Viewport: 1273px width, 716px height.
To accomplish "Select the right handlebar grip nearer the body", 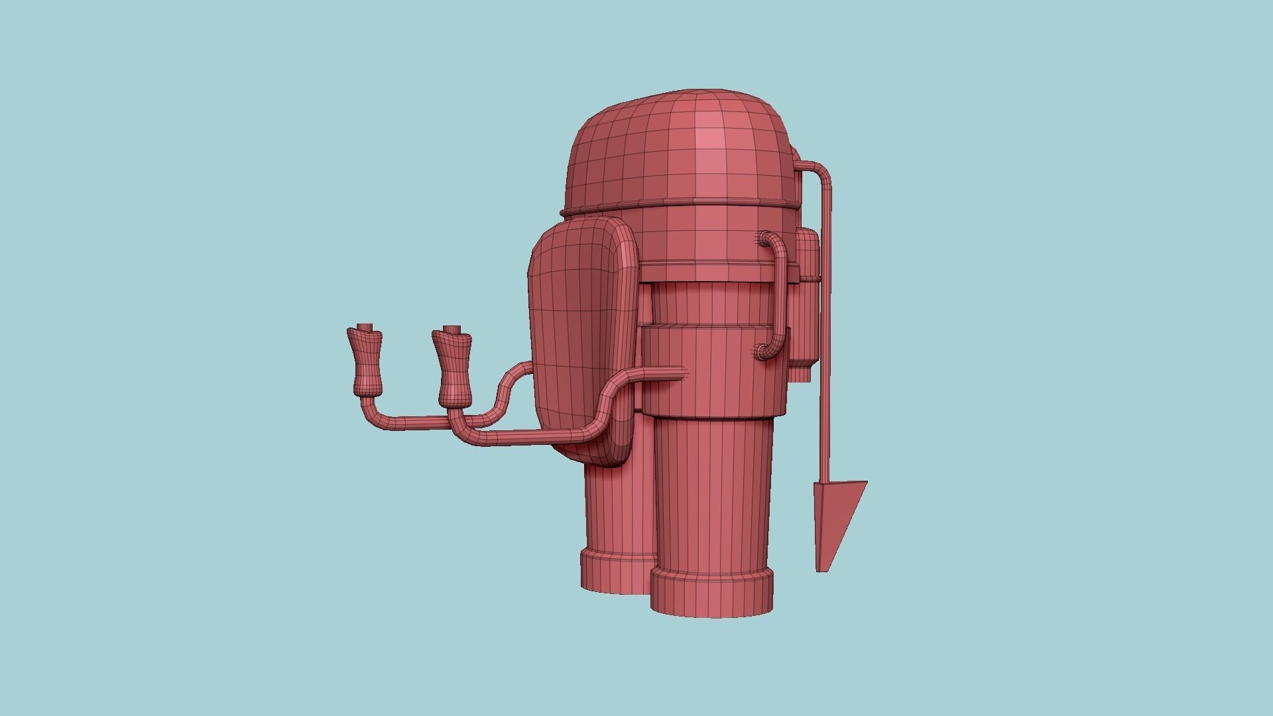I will click(452, 368).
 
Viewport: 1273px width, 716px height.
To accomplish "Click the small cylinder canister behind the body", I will click(806, 298).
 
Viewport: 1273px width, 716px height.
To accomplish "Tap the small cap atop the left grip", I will click(365, 328).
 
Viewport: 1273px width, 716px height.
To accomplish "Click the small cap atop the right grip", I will click(452, 329).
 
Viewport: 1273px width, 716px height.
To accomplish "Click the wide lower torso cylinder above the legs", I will click(713, 371).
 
